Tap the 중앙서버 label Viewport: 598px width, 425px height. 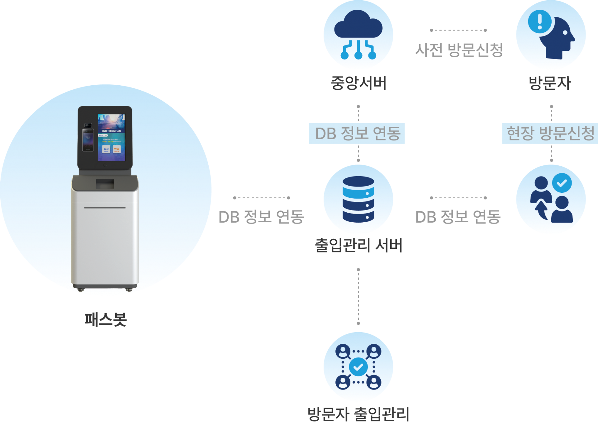358,83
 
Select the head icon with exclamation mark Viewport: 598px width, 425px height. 551,34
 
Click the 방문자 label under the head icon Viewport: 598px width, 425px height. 549,83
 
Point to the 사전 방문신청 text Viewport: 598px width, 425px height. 459,50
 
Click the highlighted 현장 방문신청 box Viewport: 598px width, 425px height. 550,134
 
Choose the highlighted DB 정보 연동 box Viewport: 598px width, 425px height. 357,134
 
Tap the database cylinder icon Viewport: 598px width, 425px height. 358,199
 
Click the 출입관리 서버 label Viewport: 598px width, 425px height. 358,246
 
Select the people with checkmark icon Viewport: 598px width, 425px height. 551,199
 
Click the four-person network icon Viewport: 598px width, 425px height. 358,367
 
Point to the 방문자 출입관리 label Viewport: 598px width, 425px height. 358,414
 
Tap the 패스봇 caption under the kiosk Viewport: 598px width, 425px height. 106,320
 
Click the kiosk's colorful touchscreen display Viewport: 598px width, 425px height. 112,138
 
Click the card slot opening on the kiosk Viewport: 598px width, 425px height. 105,184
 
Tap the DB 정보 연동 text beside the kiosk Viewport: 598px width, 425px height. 261,217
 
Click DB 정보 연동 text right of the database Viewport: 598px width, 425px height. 458,217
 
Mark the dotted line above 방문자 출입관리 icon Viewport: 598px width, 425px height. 358,296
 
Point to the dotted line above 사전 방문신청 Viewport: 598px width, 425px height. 458,30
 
